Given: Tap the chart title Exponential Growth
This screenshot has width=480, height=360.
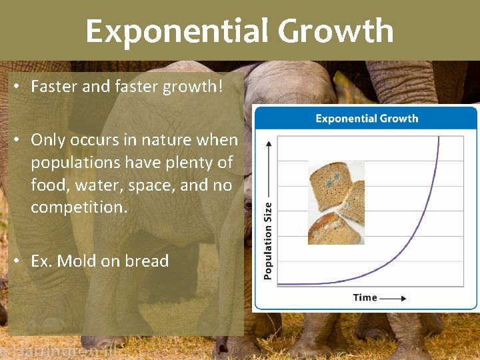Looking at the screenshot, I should [367, 119].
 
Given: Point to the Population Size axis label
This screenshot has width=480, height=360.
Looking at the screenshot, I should [268, 241].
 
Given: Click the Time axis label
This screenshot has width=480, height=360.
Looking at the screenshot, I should [365, 297].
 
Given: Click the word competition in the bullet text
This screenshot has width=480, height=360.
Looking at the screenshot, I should [77, 207].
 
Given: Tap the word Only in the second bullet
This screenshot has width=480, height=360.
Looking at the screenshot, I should [48, 140].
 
